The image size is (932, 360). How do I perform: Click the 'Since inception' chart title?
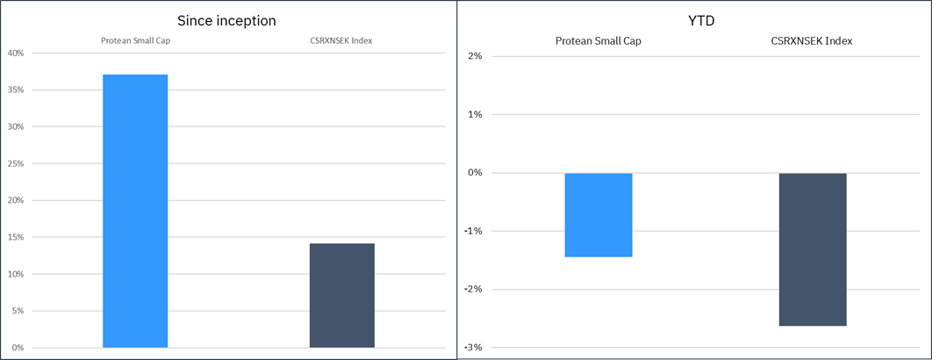[228, 20]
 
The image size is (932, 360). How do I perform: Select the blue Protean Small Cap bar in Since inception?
[135, 211]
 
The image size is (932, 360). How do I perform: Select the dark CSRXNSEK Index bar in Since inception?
[342, 295]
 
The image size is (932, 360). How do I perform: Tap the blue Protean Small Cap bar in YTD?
[599, 215]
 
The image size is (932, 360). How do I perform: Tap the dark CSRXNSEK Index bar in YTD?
[814, 249]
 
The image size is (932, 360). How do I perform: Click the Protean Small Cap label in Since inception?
[134, 40]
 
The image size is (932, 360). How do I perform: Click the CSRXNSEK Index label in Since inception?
[341, 40]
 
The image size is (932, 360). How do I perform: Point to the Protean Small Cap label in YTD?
[598, 41]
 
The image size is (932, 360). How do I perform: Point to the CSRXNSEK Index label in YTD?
[814, 41]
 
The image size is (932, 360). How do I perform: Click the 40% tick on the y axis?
[16, 54]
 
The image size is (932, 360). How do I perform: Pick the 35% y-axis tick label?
[16, 90]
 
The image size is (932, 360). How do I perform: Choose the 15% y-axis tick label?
[16, 237]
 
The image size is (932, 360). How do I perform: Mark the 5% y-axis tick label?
[18, 311]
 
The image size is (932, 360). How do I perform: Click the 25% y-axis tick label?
[16, 164]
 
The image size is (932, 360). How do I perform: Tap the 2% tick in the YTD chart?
[476, 57]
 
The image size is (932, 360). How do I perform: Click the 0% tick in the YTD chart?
[476, 173]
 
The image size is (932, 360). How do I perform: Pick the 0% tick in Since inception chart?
[18, 348]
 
